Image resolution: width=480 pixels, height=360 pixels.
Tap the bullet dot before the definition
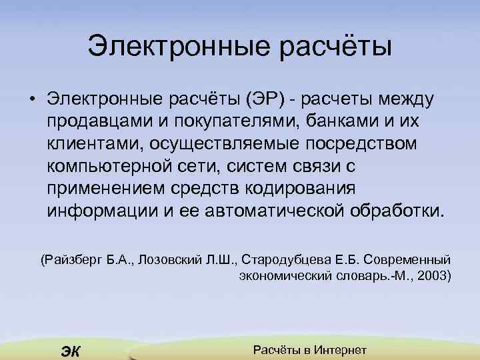[31, 101]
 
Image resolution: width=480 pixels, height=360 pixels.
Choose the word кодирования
[303, 189]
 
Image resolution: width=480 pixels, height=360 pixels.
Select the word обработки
[395, 211]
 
